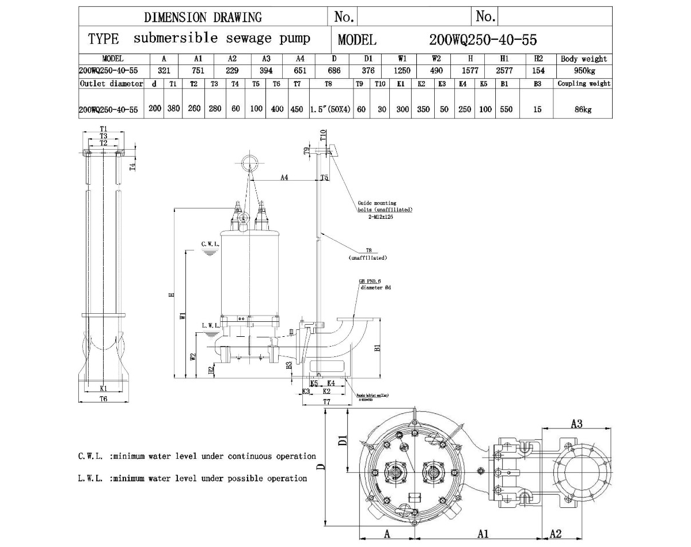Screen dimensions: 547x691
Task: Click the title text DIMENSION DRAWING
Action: point(203,17)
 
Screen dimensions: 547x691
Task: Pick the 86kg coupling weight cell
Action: point(583,109)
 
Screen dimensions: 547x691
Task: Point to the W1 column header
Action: point(402,59)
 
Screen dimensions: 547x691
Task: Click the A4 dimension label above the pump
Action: point(284,178)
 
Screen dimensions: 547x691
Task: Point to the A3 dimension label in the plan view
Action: point(577,424)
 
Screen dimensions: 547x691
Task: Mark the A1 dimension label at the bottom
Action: point(483,534)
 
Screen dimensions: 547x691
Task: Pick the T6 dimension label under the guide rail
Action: point(104,398)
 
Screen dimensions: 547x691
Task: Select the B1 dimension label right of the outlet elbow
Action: point(378,348)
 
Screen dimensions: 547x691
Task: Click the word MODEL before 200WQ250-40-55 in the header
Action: point(357,40)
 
